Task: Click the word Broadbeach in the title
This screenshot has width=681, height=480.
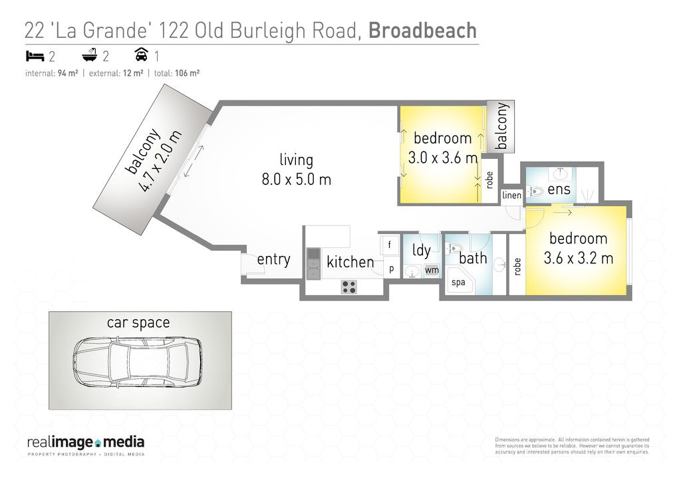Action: pos(422,31)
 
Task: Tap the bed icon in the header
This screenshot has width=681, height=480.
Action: pos(35,56)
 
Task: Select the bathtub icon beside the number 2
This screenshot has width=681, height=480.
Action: pos(90,55)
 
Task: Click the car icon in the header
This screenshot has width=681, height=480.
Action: pos(142,55)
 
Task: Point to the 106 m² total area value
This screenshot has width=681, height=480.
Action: pos(187,73)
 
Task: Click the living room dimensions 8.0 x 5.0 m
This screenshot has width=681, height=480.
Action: pos(296,180)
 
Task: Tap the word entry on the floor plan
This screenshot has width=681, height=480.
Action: pos(273,259)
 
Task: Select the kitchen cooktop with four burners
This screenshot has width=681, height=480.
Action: pos(348,287)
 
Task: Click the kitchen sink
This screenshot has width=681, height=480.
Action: pos(313,264)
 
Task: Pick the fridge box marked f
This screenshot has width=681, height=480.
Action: pos(390,245)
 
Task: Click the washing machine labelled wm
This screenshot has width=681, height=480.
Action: pos(432,270)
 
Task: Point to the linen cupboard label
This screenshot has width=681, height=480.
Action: pos(511,195)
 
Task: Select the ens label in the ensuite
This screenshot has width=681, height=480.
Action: pos(559,189)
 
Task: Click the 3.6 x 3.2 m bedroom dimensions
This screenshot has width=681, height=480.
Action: pos(579,258)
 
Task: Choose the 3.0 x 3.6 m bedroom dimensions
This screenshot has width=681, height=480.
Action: pos(443,158)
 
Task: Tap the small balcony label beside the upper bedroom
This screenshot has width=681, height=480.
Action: pos(501,126)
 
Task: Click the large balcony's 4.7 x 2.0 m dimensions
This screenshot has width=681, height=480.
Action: pos(159,162)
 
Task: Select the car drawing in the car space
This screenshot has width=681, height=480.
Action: pos(137,362)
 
